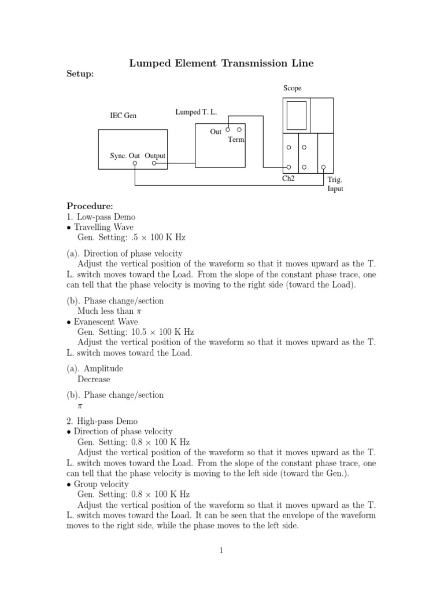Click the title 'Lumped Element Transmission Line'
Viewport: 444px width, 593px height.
click(x=221, y=63)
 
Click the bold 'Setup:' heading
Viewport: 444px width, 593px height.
click(x=80, y=74)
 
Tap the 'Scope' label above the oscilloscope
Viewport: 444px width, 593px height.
click(x=292, y=88)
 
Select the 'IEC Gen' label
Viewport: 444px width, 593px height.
click(x=123, y=116)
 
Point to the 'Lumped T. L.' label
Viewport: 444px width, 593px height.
click(x=195, y=111)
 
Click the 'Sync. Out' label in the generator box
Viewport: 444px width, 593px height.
click(x=125, y=156)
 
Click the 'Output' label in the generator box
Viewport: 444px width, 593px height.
click(x=155, y=156)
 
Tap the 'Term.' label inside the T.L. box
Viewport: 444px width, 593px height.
click(x=237, y=140)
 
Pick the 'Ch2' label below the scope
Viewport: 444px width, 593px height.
click(x=288, y=179)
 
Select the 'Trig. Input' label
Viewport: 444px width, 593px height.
click(x=335, y=185)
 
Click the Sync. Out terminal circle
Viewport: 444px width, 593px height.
click(x=135, y=164)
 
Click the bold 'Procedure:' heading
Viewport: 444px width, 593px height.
click(x=90, y=206)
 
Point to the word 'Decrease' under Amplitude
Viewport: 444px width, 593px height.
click(x=94, y=379)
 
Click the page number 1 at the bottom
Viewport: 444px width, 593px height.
click(x=221, y=550)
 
